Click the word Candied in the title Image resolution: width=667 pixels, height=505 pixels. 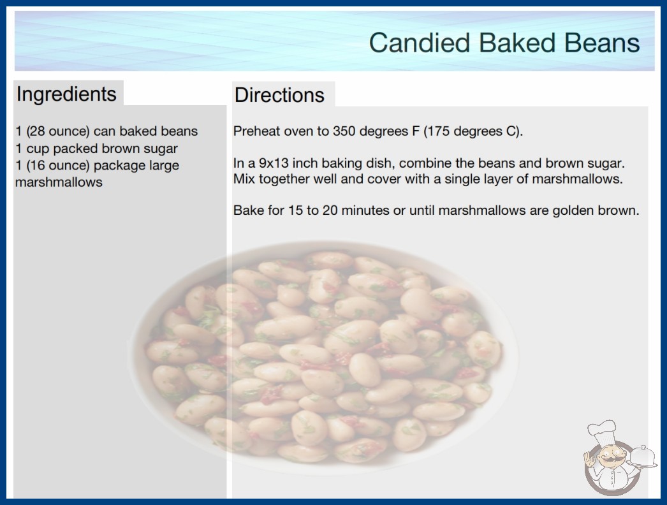[x=419, y=43]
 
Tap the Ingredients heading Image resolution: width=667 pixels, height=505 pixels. [x=66, y=94]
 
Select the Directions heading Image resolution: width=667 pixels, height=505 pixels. [x=279, y=95]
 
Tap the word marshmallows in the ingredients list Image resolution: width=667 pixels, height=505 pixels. [x=59, y=182]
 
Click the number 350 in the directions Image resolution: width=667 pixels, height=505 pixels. [x=342, y=131]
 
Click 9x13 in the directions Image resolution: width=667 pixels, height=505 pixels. [x=274, y=163]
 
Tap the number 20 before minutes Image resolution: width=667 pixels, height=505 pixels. [x=330, y=210]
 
